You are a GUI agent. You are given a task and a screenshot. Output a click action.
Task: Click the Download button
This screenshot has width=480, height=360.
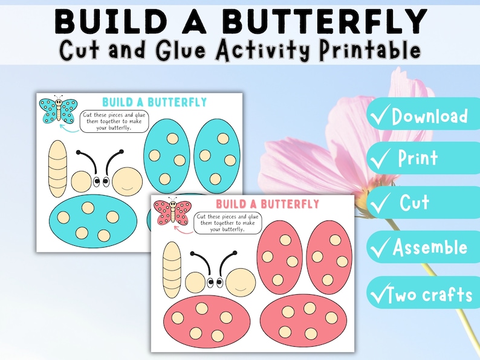423,115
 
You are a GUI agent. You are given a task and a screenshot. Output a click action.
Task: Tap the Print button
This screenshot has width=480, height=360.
423,158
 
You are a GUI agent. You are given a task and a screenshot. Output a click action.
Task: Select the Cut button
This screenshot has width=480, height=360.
423,203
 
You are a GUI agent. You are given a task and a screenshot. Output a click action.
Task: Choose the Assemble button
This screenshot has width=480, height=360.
423,247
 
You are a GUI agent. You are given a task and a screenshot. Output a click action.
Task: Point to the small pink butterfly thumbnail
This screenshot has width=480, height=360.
172,211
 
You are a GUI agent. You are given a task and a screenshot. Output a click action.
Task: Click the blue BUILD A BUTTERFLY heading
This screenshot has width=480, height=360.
154,102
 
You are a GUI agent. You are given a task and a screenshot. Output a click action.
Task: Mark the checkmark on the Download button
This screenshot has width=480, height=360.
381,116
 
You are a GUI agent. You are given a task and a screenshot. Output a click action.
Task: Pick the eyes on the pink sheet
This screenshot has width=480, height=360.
214,282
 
